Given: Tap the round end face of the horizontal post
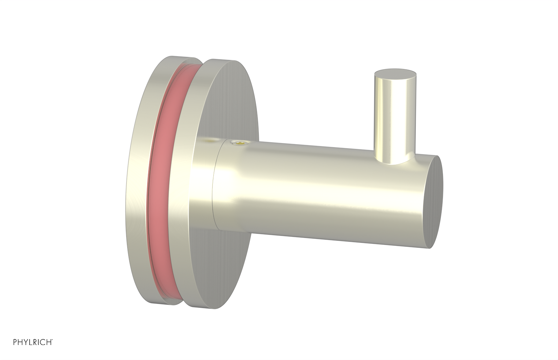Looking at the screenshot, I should point(436,202).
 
